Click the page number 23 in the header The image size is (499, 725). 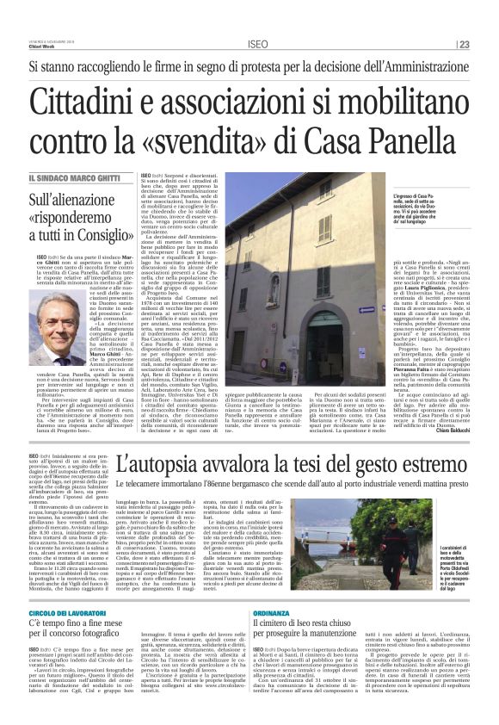point(465,45)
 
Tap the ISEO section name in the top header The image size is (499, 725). point(257,45)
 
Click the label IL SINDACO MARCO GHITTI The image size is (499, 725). point(75,178)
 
